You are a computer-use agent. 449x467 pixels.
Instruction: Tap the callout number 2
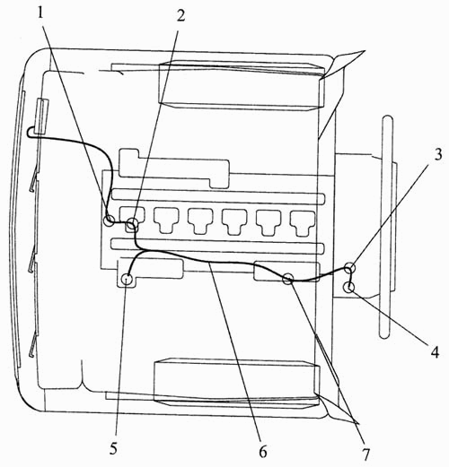(180, 14)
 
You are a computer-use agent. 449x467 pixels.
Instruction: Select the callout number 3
(438, 154)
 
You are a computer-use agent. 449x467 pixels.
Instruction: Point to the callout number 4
(435, 351)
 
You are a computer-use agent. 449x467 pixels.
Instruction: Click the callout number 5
(113, 448)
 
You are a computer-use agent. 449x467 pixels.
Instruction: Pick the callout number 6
(263, 452)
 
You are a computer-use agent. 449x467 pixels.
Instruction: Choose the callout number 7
(365, 454)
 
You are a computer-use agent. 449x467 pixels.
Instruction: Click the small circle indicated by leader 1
(109, 221)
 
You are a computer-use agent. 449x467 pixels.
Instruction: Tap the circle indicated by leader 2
(132, 223)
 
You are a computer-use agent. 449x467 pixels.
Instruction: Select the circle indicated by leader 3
(350, 267)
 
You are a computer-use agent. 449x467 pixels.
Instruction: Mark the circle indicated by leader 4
(349, 288)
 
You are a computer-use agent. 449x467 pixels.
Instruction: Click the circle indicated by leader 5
(128, 280)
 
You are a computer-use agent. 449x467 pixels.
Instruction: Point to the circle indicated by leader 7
(288, 279)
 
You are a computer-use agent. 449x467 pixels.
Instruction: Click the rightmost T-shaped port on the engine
(303, 222)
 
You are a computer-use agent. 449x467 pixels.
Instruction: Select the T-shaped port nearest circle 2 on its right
(166, 221)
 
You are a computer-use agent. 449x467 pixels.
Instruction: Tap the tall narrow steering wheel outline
(387, 227)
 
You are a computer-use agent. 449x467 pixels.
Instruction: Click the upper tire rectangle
(242, 86)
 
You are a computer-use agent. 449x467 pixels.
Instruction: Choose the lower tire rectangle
(236, 383)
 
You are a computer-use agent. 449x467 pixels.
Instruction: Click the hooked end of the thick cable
(31, 132)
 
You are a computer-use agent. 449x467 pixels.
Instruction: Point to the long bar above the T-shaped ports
(217, 196)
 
